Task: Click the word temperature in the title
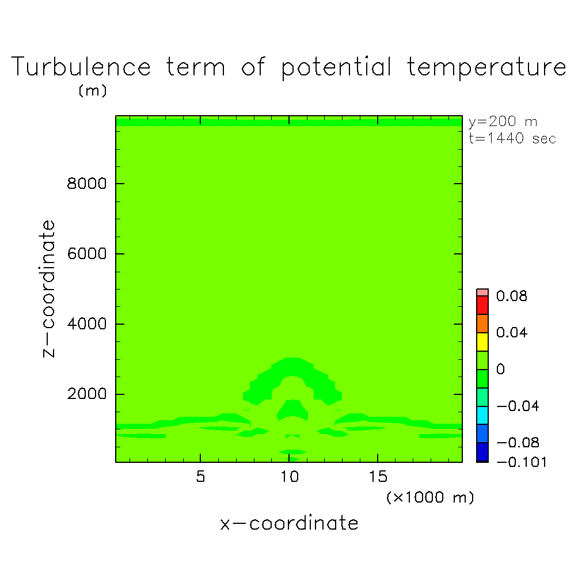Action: pyautogui.click(x=486, y=67)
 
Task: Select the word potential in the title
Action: pyautogui.click(x=336, y=67)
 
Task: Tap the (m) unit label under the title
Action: pyautogui.click(x=93, y=90)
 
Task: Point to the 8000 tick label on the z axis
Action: pyautogui.click(x=86, y=183)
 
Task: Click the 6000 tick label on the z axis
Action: pyautogui.click(x=86, y=254)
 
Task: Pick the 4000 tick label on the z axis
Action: pyautogui.click(x=86, y=324)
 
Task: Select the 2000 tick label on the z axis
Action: pyautogui.click(x=86, y=394)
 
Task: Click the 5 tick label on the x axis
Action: pyautogui.click(x=200, y=477)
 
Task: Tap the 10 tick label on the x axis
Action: pyautogui.click(x=290, y=477)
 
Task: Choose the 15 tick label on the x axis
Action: pyautogui.click(x=378, y=477)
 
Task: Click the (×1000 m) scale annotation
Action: pyautogui.click(x=430, y=497)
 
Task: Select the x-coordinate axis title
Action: pyautogui.click(x=289, y=523)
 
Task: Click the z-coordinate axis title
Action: pyautogui.click(x=48, y=288)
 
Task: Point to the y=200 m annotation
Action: pyautogui.click(x=503, y=121)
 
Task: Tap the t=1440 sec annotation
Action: pyautogui.click(x=512, y=139)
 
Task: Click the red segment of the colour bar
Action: pyautogui.click(x=482, y=305)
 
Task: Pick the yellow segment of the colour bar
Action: pyautogui.click(x=482, y=342)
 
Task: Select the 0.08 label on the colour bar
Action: pyautogui.click(x=512, y=296)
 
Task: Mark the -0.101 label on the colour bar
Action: pyautogui.click(x=522, y=462)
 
